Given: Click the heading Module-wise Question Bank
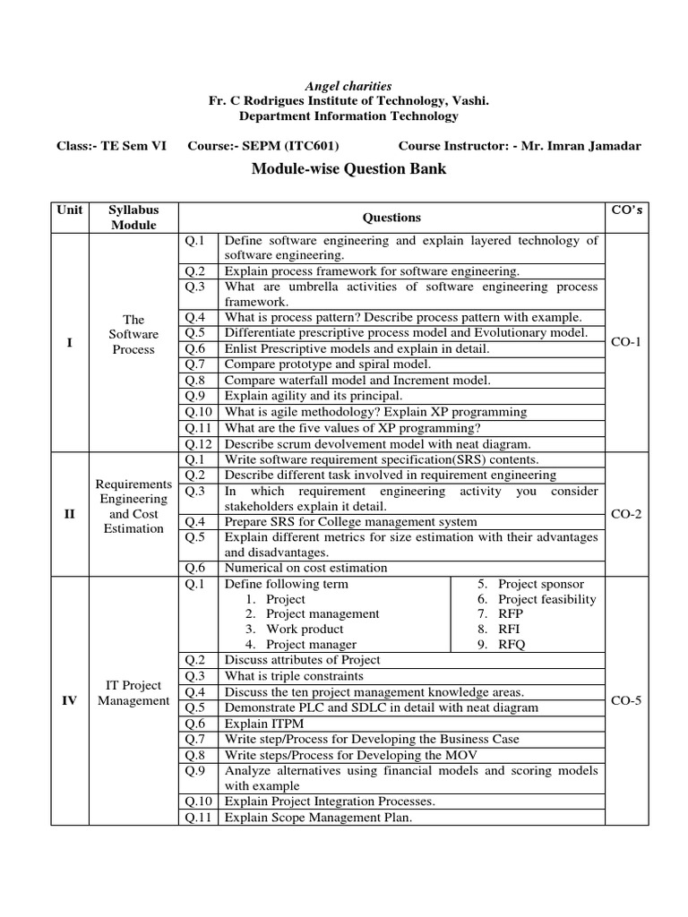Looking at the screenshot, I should coord(343,169).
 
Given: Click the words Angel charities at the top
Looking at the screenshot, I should coord(343,86).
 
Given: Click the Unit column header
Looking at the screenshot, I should coord(69,210).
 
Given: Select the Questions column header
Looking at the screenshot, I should coord(391,218).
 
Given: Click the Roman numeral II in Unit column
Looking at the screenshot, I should coord(69,514).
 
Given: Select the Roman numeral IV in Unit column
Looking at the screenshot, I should coord(69,700).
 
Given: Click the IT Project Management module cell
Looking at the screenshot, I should coord(133,693).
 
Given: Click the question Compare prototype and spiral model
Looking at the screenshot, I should coord(327,364).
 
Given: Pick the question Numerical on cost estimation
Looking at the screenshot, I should coord(305,568).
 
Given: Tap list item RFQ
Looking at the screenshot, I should coord(512,644).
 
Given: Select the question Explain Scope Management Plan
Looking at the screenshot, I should coord(318,818).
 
